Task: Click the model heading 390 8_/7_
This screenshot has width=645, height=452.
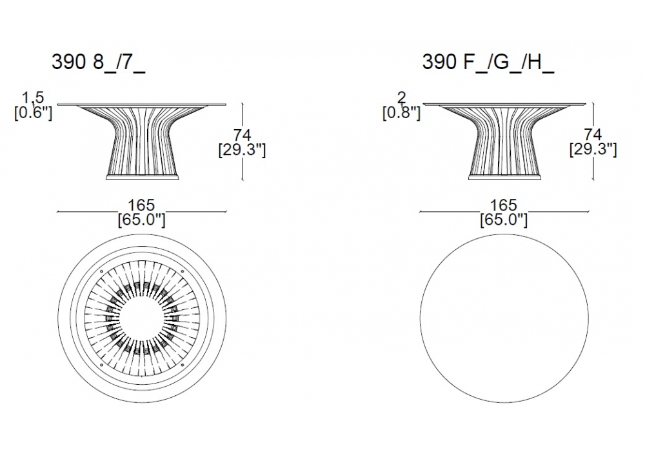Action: click(x=98, y=63)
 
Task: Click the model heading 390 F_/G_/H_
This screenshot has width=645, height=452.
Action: click(x=488, y=63)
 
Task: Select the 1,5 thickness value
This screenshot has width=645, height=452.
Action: click(x=33, y=98)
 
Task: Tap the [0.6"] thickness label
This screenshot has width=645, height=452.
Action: click(x=34, y=112)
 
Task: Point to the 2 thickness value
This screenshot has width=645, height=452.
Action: click(x=401, y=98)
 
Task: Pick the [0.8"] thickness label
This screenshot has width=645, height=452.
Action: click(x=401, y=112)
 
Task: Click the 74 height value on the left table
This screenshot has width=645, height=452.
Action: click(x=243, y=135)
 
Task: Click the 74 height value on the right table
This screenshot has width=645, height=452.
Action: click(x=593, y=135)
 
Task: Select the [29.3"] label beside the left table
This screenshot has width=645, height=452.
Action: click(x=242, y=150)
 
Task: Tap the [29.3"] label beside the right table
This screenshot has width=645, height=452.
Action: click(x=593, y=150)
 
